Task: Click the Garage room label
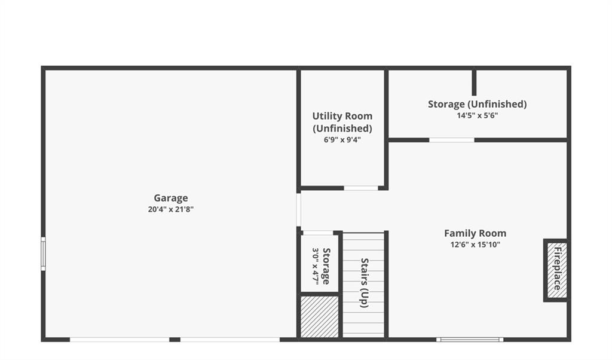tap(170, 199)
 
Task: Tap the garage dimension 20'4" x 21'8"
tap(170, 209)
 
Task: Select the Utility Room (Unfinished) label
tap(342, 122)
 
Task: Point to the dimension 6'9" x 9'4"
tap(342, 140)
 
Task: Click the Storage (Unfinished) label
tap(478, 104)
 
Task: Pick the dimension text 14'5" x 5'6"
tap(478, 115)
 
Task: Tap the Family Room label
tap(475, 233)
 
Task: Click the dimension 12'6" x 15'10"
tap(475, 245)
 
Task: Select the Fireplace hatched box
tap(556, 270)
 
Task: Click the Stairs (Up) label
tap(364, 283)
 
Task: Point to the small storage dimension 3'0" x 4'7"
tap(316, 266)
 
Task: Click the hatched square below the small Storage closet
tap(320, 317)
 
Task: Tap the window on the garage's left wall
tap(43, 254)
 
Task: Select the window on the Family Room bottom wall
tap(470, 340)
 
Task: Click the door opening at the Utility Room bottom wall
tap(361, 188)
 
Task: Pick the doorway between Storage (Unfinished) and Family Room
tap(452, 140)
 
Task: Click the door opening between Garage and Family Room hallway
tap(299, 210)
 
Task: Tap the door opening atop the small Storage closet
tap(318, 233)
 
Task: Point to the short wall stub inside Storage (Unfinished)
tap(474, 83)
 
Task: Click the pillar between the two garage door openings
tap(175, 340)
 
